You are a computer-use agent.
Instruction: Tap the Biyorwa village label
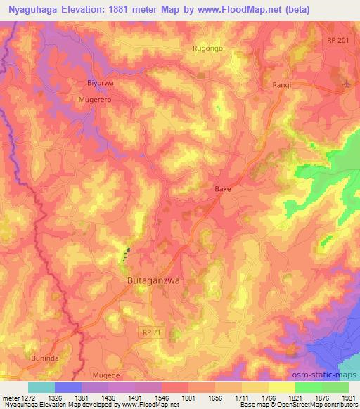point(100,83)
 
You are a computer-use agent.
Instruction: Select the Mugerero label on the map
point(95,100)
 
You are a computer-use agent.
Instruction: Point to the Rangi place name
point(282,85)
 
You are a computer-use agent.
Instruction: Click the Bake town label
point(222,189)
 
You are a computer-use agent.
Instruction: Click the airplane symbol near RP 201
point(347,85)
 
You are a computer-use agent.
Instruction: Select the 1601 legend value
point(188,397)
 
